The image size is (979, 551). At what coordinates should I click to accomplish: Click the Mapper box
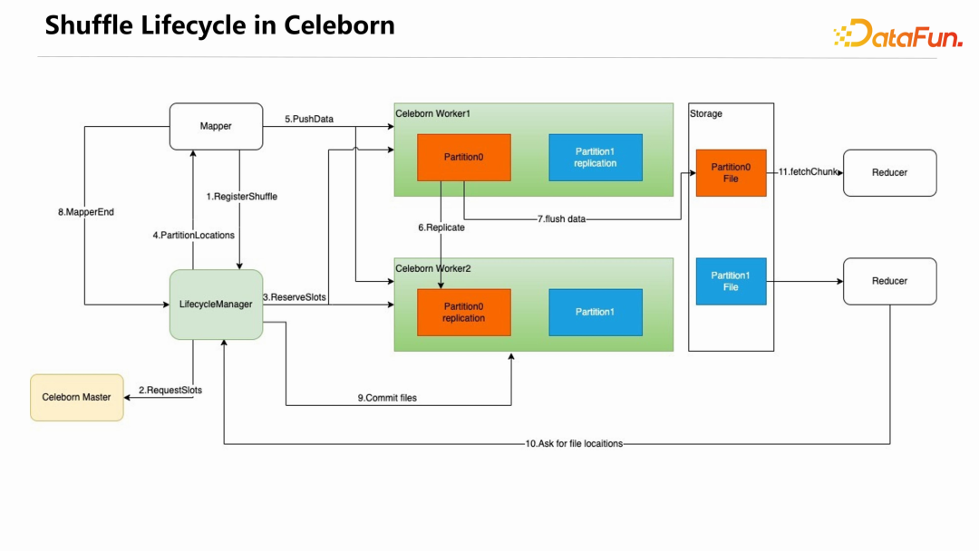point(216,126)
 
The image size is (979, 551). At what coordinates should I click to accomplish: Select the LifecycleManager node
point(216,304)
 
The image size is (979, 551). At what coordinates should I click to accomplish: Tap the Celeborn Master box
point(77,397)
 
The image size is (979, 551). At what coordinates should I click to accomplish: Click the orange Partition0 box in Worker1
point(463,157)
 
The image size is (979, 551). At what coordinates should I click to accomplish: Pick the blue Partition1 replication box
point(595,157)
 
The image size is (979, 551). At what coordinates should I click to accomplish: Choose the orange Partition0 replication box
point(463,312)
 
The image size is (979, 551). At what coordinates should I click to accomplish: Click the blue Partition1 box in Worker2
point(595,312)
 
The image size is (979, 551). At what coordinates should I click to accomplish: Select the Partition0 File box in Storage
point(731,172)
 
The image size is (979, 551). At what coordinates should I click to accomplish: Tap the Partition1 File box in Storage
point(731,281)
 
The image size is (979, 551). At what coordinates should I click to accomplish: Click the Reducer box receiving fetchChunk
point(889,172)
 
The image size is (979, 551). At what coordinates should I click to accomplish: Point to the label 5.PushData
point(309,119)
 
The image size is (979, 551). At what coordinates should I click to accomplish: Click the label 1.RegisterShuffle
point(241,197)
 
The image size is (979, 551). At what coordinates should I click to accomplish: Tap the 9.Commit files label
point(387,398)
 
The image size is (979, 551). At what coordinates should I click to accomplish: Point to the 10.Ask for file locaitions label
point(574,444)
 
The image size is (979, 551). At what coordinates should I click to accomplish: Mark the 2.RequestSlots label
point(170,391)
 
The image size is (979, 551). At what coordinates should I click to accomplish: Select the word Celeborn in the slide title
point(339,24)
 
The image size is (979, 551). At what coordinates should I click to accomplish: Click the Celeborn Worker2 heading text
point(433,268)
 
